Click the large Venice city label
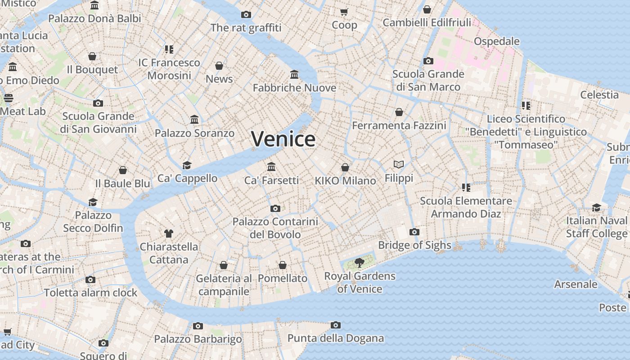coord(283,139)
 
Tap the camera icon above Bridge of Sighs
coord(414,232)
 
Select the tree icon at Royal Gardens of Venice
coord(359,263)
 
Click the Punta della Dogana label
coord(336,338)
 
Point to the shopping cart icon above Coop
coord(344,12)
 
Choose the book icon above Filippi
coord(399,165)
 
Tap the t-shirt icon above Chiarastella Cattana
coord(169,234)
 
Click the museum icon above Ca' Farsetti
coord(271,167)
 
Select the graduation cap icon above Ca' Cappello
coord(187,165)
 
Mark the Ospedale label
coord(496,41)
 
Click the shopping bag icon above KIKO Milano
coord(345,167)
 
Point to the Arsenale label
coord(576,284)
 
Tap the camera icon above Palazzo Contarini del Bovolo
coord(275,208)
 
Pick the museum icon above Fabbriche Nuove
coord(294,74)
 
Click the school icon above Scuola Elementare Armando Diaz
coord(466,188)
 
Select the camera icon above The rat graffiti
coord(246,14)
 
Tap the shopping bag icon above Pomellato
coord(283,265)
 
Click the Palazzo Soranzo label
coord(194,133)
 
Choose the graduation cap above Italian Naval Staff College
coord(596,207)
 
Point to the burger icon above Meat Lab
coord(9,98)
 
